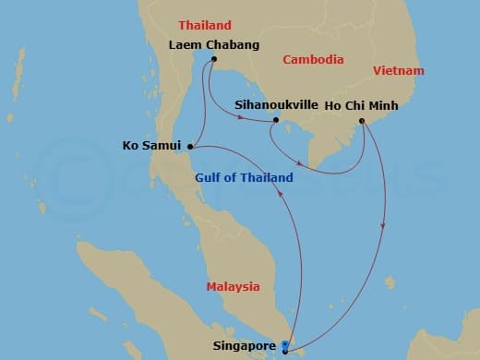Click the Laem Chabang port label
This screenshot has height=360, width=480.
(x=213, y=44)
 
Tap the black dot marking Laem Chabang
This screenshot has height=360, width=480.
(x=213, y=61)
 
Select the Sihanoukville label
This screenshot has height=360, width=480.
(x=275, y=105)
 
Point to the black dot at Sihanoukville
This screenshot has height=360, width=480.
(x=276, y=120)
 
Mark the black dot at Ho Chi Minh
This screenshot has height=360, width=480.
(x=362, y=120)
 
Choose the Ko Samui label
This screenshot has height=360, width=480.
(x=152, y=145)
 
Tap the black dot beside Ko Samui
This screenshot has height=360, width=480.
(x=189, y=145)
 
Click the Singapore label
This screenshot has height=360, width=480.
(x=245, y=346)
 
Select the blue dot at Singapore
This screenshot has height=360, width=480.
(x=285, y=344)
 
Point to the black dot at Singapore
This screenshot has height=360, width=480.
(x=285, y=351)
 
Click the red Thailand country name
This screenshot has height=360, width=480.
(x=204, y=25)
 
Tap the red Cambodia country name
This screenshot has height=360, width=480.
(x=315, y=59)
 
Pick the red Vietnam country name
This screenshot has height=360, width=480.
(x=399, y=70)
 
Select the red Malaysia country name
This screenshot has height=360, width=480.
(x=233, y=287)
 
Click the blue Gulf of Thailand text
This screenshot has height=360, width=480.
(x=245, y=177)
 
